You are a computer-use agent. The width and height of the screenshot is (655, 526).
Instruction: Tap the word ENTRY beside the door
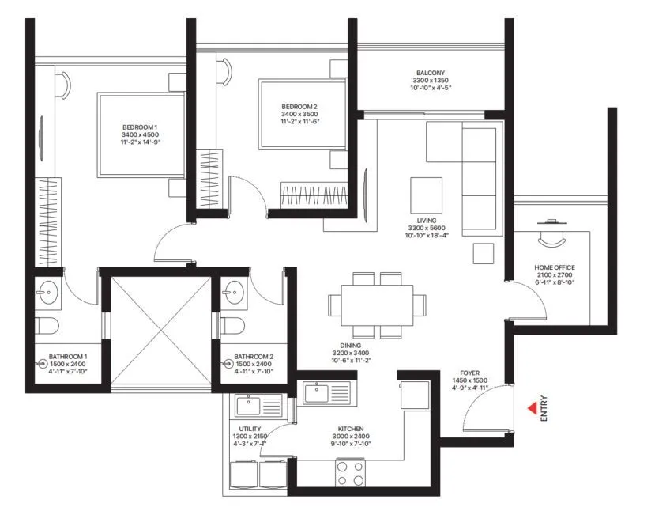click(x=544, y=409)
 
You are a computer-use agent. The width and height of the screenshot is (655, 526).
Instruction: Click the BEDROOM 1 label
click(x=140, y=127)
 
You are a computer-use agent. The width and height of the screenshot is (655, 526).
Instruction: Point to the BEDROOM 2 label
click(x=299, y=107)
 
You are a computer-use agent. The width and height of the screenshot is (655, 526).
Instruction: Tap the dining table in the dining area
click(x=377, y=304)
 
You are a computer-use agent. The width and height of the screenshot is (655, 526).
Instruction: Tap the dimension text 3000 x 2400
click(x=348, y=436)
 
